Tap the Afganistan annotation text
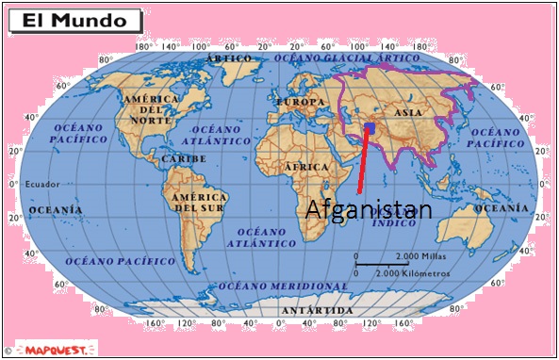(x=369, y=210)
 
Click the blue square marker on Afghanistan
(x=370, y=127)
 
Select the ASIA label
(x=409, y=112)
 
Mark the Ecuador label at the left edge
(x=41, y=184)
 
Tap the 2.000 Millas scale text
(x=422, y=256)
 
